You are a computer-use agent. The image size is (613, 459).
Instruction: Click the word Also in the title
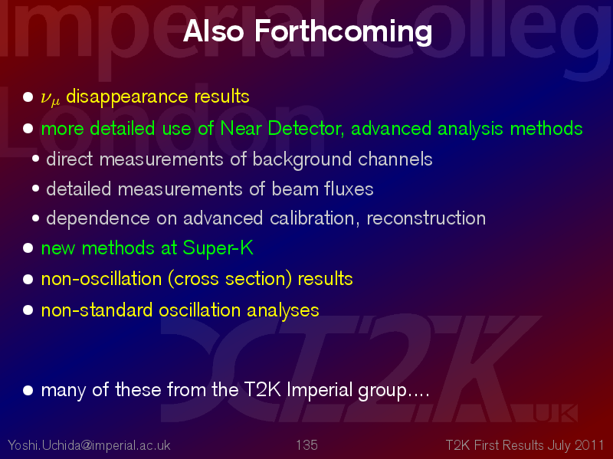pyautogui.click(x=213, y=31)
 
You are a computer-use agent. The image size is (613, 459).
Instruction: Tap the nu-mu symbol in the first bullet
pyautogui.click(x=50, y=98)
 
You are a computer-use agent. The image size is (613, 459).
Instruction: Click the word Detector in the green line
pyautogui.click(x=306, y=129)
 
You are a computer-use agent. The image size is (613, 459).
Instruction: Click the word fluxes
pyautogui.click(x=349, y=189)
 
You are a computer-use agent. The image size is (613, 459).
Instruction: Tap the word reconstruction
pyautogui.click(x=426, y=218)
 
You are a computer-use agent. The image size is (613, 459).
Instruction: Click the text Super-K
pyautogui.click(x=218, y=248)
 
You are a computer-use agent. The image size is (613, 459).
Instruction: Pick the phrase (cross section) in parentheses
pyautogui.click(x=230, y=279)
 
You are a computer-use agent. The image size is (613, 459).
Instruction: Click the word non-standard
pyautogui.click(x=97, y=310)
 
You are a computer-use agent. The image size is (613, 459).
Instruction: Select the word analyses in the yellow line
pyautogui.click(x=283, y=311)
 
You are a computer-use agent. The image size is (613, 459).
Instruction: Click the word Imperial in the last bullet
pyautogui.click(x=320, y=390)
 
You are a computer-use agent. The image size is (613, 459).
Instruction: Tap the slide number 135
pyautogui.click(x=306, y=445)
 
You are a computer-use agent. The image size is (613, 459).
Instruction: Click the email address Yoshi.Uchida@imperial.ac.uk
pyautogui.click(x=89, y=445)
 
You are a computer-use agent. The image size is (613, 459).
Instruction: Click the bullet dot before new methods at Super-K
pyautogui.click(x=28, y=248)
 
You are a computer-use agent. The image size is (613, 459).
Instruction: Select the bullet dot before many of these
pyautogui.click(x=28, y=390)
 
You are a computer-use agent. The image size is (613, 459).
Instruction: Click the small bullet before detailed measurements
pyautogui.click(x=35, y=189)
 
